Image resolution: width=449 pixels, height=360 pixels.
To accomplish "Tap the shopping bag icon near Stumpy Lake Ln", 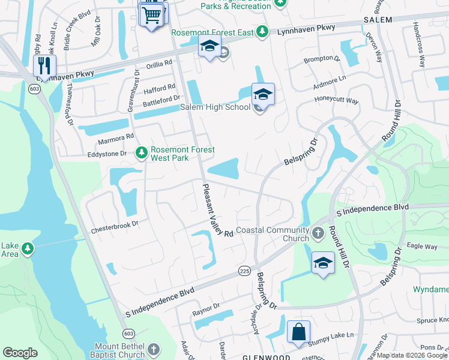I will (299, 332).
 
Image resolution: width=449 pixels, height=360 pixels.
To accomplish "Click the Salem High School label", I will (215, 107).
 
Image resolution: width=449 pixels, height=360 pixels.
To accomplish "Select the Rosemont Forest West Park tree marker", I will (142, 154).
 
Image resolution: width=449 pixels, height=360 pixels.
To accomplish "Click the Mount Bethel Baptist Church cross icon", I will (154, 349).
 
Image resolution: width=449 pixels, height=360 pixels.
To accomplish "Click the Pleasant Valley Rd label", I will (217, 210).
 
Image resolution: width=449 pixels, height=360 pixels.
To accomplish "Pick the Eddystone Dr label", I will (107, 154).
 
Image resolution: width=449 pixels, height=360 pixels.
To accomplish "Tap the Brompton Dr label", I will (321, 59).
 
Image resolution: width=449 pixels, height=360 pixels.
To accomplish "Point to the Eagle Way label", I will (422, 246).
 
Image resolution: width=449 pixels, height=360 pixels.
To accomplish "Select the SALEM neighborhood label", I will (377, 20).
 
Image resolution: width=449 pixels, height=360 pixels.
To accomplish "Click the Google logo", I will (20, 353).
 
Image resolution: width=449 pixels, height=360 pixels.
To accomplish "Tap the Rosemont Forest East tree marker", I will (262, 31).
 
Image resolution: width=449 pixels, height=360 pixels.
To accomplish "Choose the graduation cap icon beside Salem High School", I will (263, 95).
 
